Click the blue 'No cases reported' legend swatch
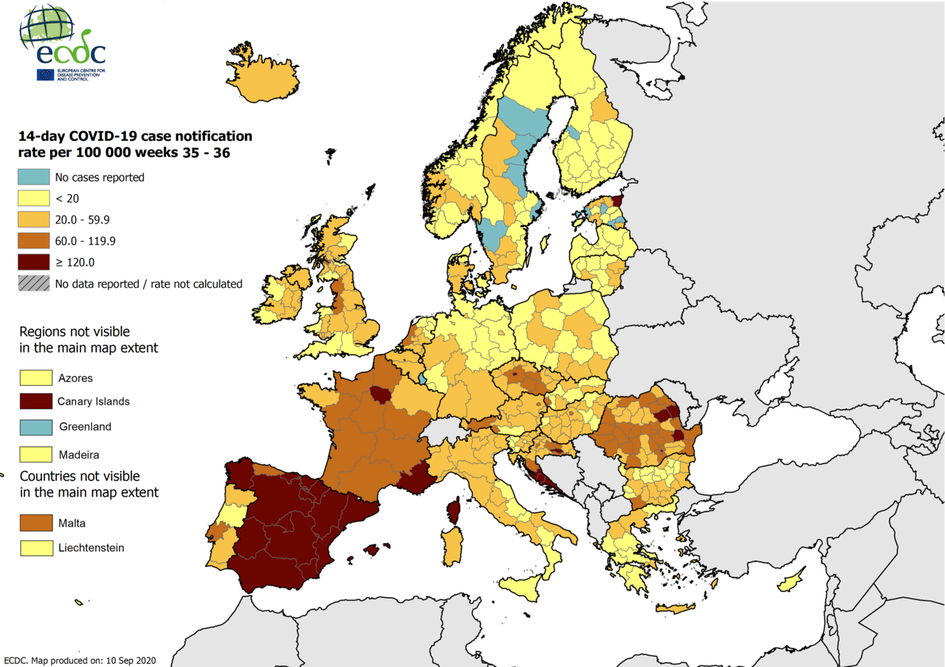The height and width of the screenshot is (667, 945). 35,177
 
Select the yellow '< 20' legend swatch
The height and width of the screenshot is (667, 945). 35,198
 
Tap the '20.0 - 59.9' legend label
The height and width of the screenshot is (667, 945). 81,220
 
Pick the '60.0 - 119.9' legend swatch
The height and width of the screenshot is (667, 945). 35,241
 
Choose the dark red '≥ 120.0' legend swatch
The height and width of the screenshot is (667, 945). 35,262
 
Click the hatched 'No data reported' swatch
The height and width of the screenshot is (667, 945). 35,283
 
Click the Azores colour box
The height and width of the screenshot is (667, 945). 36,378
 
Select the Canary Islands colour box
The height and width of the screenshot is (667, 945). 36,401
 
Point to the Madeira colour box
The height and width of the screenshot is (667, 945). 36,454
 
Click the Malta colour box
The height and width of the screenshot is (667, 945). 36,523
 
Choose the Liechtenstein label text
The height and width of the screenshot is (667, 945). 91,547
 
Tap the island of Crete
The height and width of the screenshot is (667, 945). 676,609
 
